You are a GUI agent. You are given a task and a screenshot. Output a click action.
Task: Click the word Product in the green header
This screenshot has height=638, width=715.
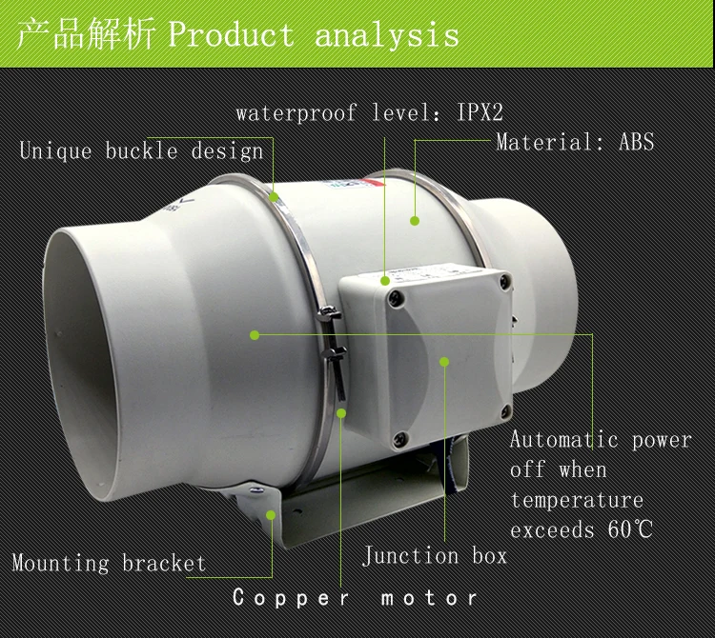(231, 36)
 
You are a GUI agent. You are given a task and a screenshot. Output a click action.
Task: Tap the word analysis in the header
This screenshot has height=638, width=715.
(387, 36)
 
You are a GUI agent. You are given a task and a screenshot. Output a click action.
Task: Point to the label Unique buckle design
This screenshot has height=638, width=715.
(141, 151)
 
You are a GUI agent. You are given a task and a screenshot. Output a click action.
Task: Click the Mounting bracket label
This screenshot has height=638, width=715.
(109, 562)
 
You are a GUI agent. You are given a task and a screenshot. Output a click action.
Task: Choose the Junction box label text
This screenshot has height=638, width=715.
(435, 555)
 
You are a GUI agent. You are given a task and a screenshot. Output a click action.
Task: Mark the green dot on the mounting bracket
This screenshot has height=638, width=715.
(271, 515)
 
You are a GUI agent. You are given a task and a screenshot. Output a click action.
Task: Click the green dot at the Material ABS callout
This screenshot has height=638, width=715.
(415, 221)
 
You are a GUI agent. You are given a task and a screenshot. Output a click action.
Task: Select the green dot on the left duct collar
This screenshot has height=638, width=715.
(255, 334)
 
